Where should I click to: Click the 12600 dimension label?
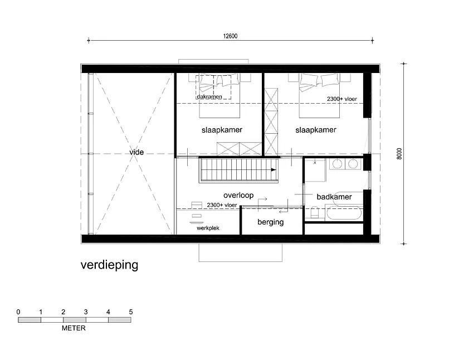pyautogui.click(x=230, y=36)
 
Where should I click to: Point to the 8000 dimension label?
pyautogui.click(x=399, y=154)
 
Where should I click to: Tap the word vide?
pyautogui.click(x=136, y=152)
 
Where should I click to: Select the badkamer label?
pyautogui.click(x=334, y=197)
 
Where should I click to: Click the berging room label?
pyautogui.click(x=271, y=222)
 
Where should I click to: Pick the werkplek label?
pyautogui.click(x=208, y=228)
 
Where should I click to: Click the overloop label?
pyautogui.click(x=238, y=195)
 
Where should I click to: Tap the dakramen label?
pyautogui.click(x=209, y=97)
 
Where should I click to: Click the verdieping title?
pyautogui.click(x=109, y=265)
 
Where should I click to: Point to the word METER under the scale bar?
pyautogui.click(x=74, y=328)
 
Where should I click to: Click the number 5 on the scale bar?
pyautogui.click(x=131, y=312)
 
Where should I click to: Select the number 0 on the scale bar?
pyautogui.click(x=18, y=312)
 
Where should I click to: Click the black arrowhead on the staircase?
pyautogui.click(x=274, y=170)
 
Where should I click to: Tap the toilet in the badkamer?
pyautogui.click(x=314, y=212)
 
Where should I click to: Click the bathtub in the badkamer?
pyautogui.click(x=344, y=213)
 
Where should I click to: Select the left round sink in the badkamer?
pyautogui.click(x=337, y=164)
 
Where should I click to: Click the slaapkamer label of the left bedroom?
pyautogui.click(x=222, y=130)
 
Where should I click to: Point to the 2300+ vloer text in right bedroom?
pyautogui.click(x=342, y=99)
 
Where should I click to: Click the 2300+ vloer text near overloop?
pyautogui.click(x=222, y=205)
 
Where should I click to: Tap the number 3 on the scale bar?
pyautogui.click(x=86, y=312)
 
